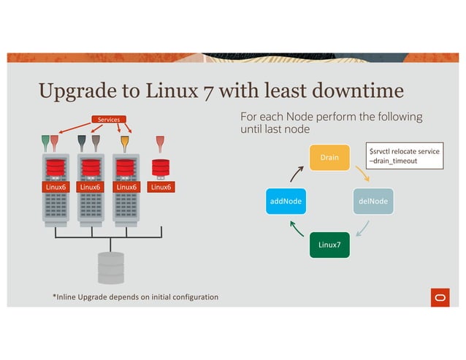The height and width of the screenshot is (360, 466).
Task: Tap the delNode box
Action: pyautogui.click(x=373, y=199)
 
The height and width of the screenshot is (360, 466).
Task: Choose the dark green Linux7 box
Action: pyautogui.click(x=329, y=243)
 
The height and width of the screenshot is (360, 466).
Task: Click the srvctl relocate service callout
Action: pyautogui.click(x=405, y=156)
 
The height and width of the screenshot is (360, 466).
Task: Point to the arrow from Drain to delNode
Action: pyautogui.click(x=362, y=174)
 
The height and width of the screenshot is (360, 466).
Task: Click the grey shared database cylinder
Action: pyautogui.click(x=111, y=268)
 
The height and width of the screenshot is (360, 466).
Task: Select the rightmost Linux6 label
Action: pyautogui.click(x=161, y=186)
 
